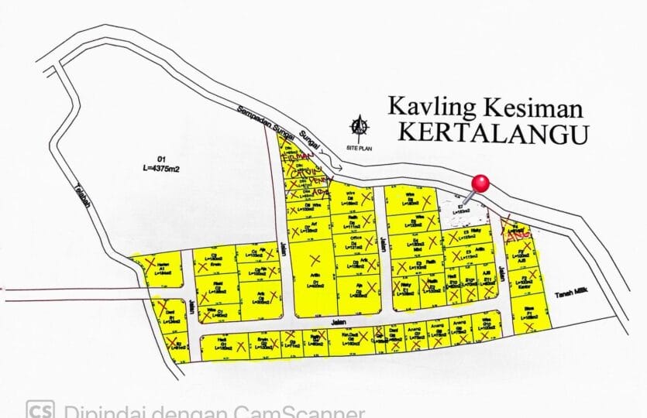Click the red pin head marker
coord(481,183)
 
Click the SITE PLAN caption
coord(359,146)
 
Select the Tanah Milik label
coord(572,292)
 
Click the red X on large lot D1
coord(314,259)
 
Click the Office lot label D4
coord(357,242)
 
